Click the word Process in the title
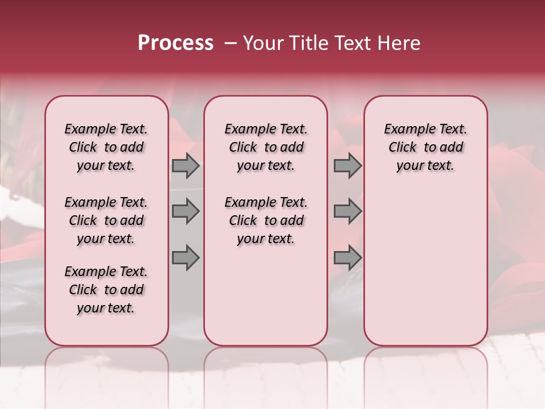tap(175, 43)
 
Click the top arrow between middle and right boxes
tap(347, 165)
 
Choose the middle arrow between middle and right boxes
tap(347, 211)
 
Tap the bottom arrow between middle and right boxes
tap(347, 257)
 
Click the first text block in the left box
tap(106, 147)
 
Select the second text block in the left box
tap(106, 220)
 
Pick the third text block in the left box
tap(106, 290)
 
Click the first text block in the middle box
tap(266, 147)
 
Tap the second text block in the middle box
tap(266, 220)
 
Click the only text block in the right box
tap(425, 147)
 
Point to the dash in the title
tap(230, 43)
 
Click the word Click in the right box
tap(403, 148)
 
